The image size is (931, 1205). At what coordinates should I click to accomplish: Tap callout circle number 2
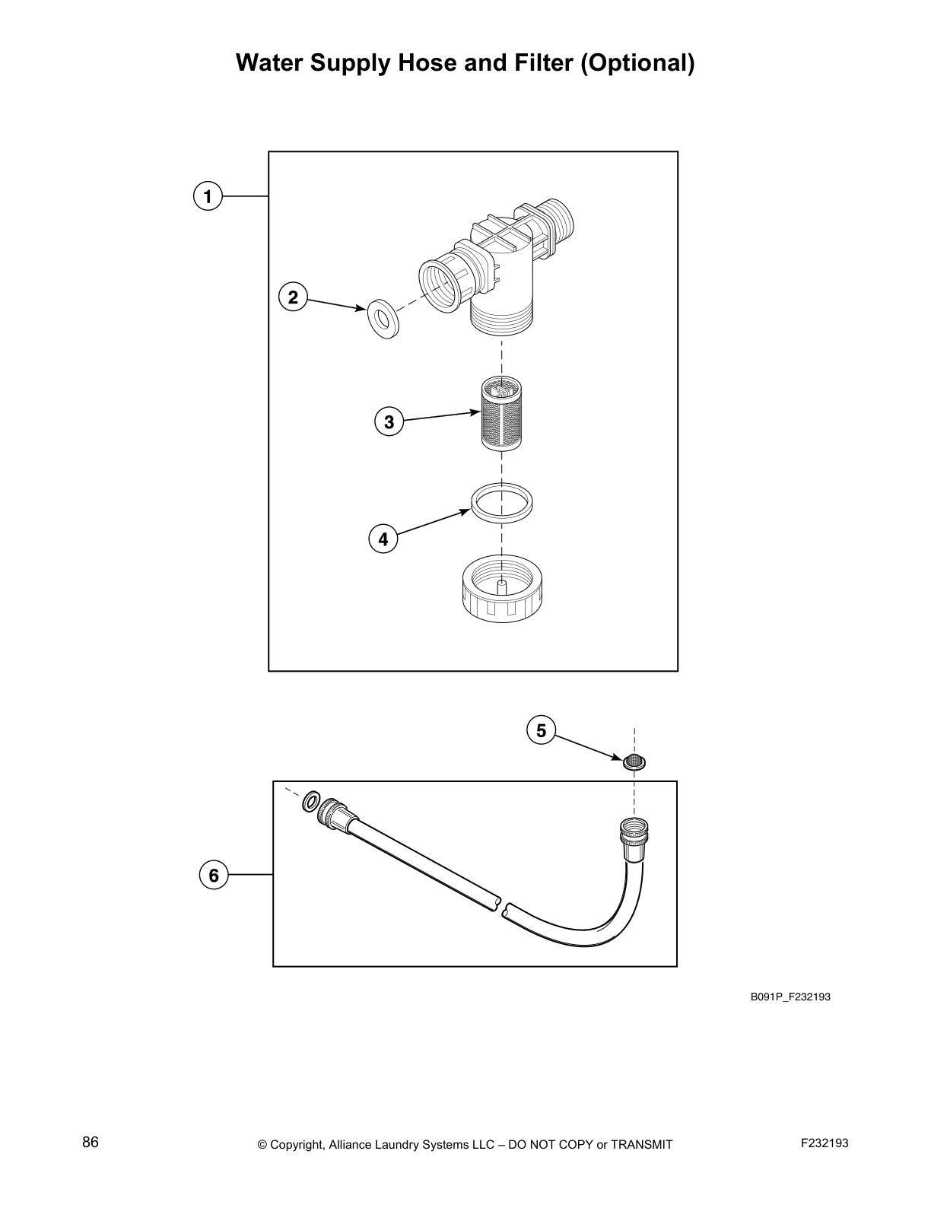pos(293,297)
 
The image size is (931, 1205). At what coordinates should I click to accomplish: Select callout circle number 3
pos(389,421)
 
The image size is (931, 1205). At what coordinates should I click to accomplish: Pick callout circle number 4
pos(383,539)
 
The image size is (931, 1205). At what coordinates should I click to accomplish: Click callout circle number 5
pos(541,731)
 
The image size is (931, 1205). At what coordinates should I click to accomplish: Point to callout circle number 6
pos(214,875)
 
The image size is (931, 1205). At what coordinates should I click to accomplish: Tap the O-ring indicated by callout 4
pos(501,503)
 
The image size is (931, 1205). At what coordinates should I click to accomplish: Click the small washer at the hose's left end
pos(310,801)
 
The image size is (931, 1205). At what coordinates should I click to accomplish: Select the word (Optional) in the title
pos(637,62)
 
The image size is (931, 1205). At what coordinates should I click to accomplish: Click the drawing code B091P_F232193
pos(790,997)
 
